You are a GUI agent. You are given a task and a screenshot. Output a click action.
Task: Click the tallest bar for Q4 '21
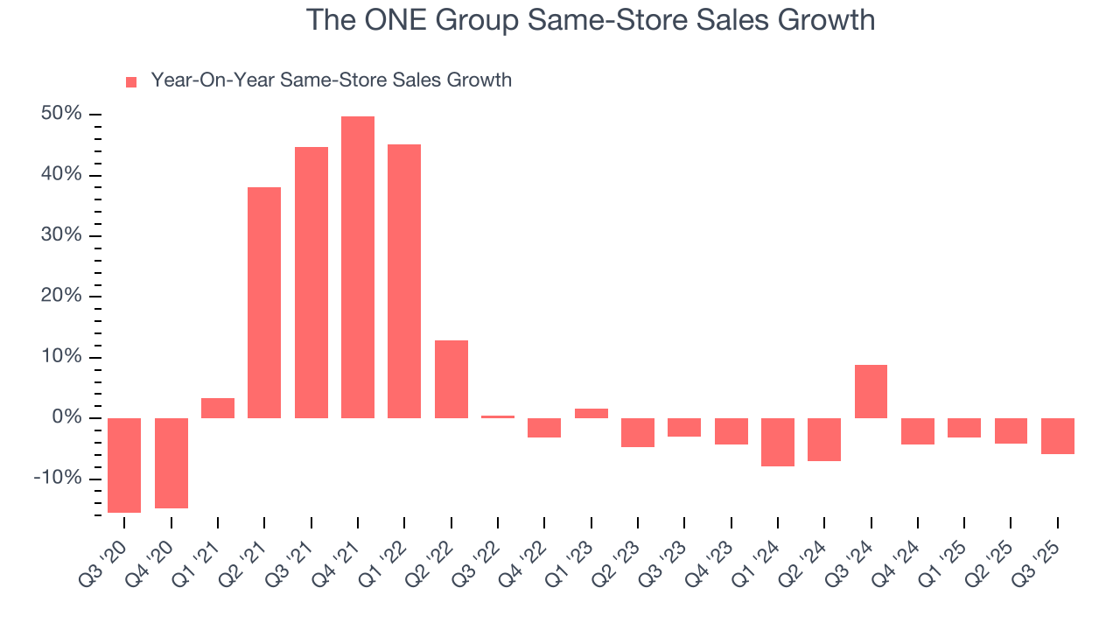pos(358,267)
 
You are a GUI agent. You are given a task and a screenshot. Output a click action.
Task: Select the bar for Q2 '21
pos(264,302)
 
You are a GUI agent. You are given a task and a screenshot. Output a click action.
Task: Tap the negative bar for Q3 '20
pos(124,465)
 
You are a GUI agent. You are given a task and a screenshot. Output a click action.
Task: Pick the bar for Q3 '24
pos(871,391)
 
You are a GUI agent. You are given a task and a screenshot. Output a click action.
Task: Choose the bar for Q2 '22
pos(451,379)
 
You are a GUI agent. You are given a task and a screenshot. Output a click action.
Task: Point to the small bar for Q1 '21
pos(218,408)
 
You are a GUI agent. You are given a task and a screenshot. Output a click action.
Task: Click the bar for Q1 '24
pos(778,442)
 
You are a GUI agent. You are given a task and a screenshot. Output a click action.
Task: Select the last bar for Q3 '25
pos(1057,436)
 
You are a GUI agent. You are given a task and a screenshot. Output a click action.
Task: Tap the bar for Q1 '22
pos(404,281)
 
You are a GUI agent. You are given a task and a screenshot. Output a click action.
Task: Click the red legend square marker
pos(131,82)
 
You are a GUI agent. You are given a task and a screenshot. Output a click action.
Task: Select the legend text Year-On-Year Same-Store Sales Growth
pos(331,80)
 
